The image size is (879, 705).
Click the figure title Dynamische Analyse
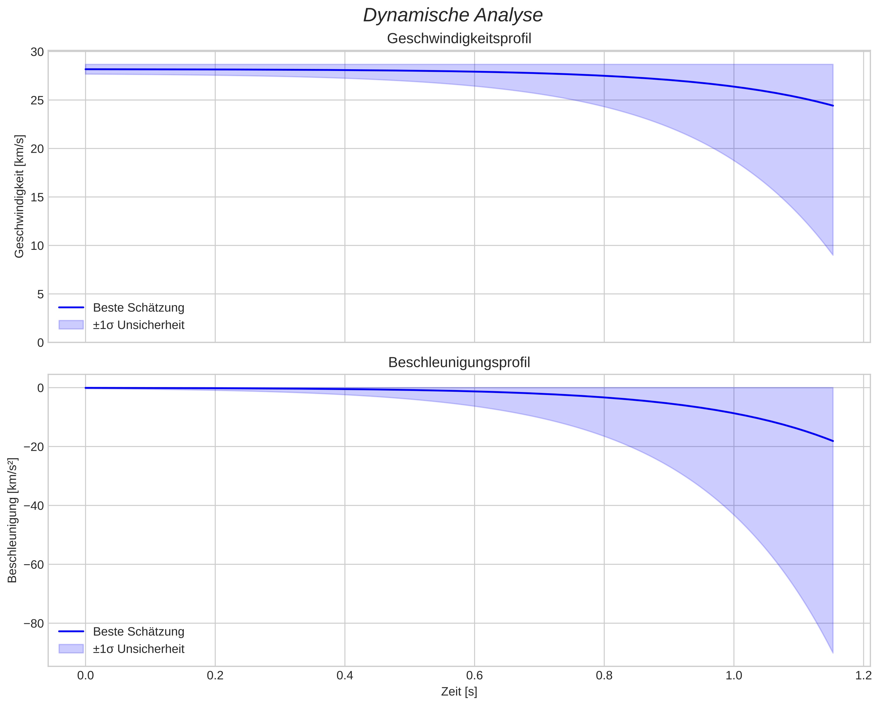[453, 15]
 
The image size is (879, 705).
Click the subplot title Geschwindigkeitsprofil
[459, 39]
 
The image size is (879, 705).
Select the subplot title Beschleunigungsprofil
[459, 362]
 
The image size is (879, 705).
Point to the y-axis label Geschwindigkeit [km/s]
[19, 196]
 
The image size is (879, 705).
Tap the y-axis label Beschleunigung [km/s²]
[12, 521]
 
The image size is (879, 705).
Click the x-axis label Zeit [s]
[459, 692]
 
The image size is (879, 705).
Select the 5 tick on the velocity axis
[40, 294]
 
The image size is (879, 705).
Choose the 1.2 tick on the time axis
[863, 676]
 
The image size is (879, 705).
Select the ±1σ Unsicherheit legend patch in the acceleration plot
[71, 649]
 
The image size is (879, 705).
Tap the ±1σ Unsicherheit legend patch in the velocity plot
[71, 325]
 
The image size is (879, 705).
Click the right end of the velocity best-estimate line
[832, 106]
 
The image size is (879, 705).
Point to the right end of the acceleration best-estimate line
[832, 441]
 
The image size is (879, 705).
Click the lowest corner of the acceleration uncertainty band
[832, 653]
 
